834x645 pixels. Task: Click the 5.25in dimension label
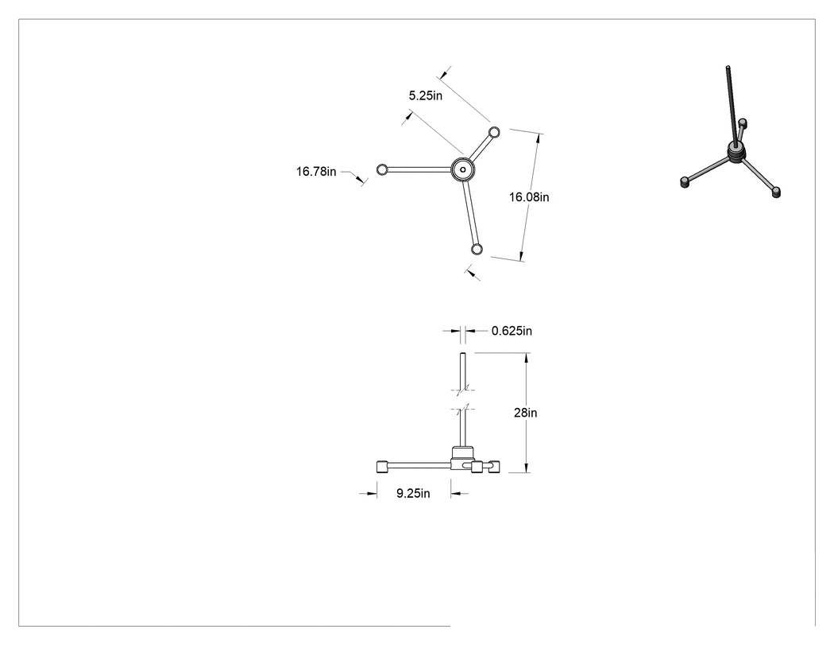point(425,96)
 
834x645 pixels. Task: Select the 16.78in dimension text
point(316,172)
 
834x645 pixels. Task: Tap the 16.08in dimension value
point(529,197)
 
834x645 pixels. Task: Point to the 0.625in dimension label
point(512,331)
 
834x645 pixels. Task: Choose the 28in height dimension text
point(526,413)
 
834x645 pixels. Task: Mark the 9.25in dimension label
point(413,493)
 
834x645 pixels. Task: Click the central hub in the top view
point(463,170)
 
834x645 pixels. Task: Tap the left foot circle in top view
point(382,169)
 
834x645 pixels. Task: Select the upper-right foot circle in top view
point(494,132)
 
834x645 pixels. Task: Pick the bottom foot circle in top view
point(477,249)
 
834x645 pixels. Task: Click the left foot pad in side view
point(382,467)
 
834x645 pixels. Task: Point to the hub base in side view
point(462,458)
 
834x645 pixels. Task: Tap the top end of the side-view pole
point(463,354)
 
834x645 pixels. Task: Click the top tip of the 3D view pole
point(728,67)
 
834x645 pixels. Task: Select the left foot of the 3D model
point(685,183)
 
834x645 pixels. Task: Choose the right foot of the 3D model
point(776,192)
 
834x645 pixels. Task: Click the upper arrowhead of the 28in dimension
point(526,358)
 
